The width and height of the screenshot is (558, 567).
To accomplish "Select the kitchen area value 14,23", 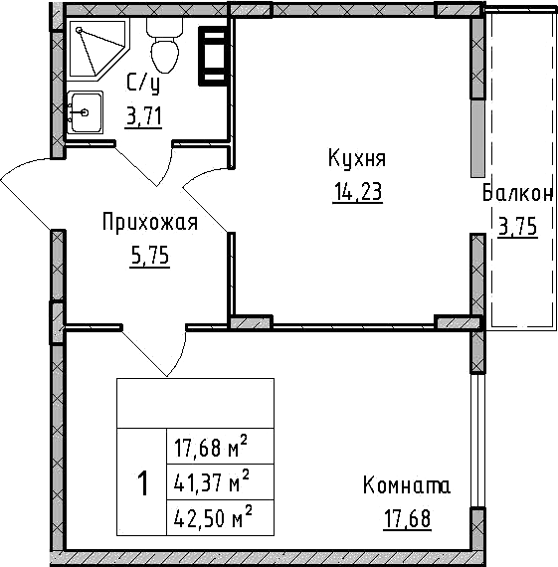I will (x=357, y=192).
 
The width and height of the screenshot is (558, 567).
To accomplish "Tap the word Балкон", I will (x=517, y=194).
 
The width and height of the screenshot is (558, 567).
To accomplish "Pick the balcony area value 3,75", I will (x=517, y=227).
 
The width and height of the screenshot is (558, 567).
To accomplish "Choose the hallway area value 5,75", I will (x=150, y=256).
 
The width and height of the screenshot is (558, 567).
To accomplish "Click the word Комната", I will (x=407, y=486).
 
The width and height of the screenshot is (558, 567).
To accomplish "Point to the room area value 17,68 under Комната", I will (x=407, y=518).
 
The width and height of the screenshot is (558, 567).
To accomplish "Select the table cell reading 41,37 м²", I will (x=210, y=483).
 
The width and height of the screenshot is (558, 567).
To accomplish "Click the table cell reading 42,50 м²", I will (x=210, y=517).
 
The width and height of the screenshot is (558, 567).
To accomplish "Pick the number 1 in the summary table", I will (x=142, y=484).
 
